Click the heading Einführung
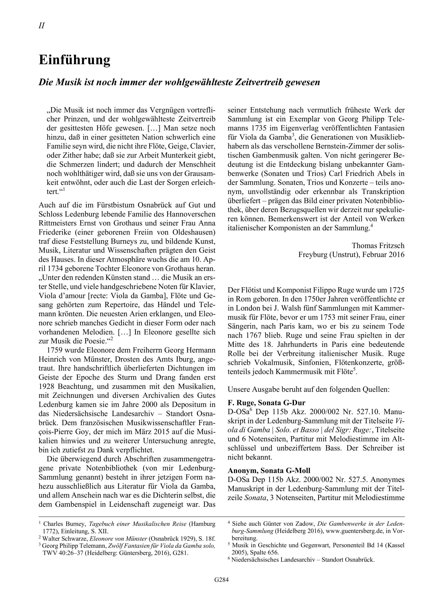tap(75, 60)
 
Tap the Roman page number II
tap(42, 26)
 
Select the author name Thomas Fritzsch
tap(378, 246)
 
